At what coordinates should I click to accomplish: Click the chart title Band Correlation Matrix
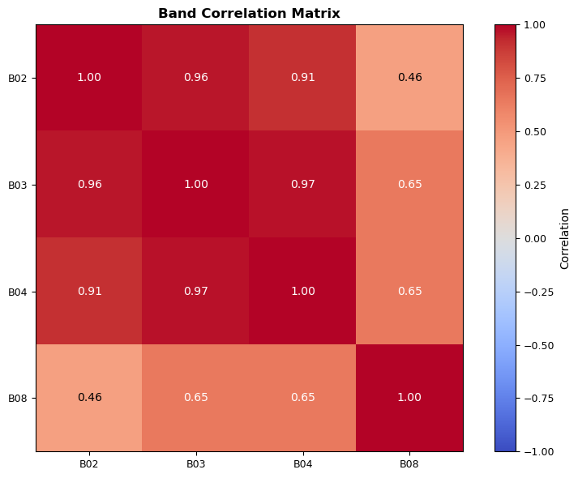pyautogui.click(x=249, y=13)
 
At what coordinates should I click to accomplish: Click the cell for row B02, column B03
pyautogui.click(x=195, y=78)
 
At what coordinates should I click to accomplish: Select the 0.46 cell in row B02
pyautogui.click(x=409, y=78)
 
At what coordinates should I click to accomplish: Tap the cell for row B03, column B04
pyautogui.click(x=302, y=185)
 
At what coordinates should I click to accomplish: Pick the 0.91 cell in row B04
pyautogui.click(x=89, y=291)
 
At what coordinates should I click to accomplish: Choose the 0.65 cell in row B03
pyautogui.click(x=409, y=185)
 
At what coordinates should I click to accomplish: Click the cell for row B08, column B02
pyautogui.click(x=89, y=398)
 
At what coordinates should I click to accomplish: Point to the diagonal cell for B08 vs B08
pyautogui.click(x=409, y=398)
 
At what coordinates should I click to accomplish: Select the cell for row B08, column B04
pyautogui.click(x=302, y=398)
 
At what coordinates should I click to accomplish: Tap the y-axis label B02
pyautogui.click(x=18, y=78)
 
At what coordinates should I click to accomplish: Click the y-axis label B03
pyautogui.click(x=18, y=185)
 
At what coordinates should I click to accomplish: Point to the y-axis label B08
pyautogui.click(x=18, y=398)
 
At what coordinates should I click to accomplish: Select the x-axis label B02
pyautogui.click(x=89, y=464)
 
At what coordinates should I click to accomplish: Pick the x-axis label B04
pyautogui.click(x=302, y=464)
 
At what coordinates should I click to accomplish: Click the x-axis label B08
pyautogui.click(x=409, y=464)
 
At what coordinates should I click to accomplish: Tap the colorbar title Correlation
pyautogui.click(x=565, y=238)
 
